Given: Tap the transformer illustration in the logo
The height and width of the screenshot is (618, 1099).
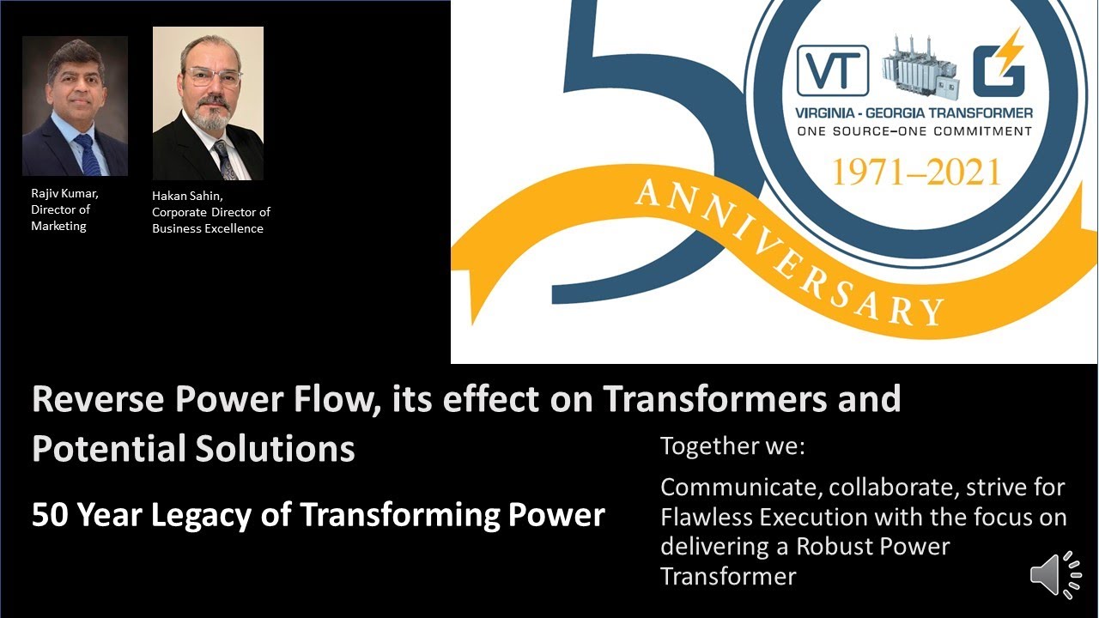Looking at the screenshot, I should [922, 66].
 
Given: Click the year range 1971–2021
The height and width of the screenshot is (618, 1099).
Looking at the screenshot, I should [915, 173].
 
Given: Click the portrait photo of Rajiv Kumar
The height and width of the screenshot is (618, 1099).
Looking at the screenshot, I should [75, 106].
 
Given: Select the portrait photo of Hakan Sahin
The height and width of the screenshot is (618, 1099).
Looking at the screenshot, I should [208, 103].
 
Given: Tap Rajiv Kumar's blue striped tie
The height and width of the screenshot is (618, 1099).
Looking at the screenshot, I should [88, 155].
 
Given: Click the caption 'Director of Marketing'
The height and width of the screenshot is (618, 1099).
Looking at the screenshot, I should [59, 218].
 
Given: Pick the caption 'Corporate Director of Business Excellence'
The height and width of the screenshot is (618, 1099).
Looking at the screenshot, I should [210, 221].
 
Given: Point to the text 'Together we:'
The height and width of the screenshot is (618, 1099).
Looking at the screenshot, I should [732, 446].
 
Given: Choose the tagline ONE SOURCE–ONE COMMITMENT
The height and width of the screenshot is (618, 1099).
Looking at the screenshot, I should [914, 131].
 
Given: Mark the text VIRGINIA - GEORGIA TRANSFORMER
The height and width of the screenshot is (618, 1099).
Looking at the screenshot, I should [914, 112].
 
